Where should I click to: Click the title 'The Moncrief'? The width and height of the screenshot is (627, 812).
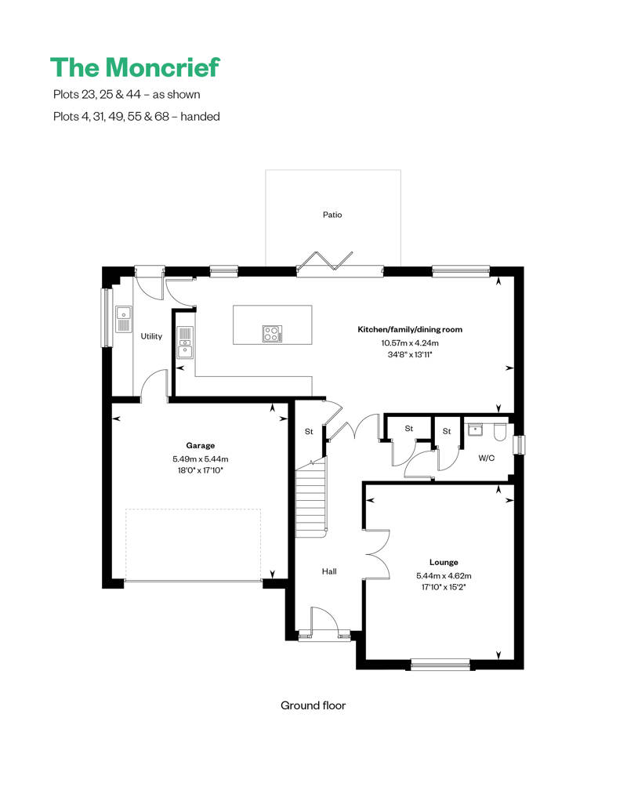tap(135, 67)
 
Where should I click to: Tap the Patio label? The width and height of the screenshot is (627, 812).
tap(332, 214)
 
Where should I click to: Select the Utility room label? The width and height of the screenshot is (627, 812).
tap(151, 336)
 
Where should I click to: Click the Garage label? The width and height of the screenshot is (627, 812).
tap(200, 445)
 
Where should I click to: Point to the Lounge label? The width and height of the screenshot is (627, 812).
tap(444, 562)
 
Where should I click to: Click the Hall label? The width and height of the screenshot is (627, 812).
tap(329, 571)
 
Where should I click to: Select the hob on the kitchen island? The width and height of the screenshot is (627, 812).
tap(272, 334)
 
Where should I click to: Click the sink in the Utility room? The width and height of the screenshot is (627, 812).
tap(124, 319)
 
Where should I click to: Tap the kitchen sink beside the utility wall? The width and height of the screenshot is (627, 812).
tap(184, 343)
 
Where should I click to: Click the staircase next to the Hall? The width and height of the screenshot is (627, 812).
tap(310, 498)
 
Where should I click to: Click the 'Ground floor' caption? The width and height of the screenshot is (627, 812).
tap(313, 705)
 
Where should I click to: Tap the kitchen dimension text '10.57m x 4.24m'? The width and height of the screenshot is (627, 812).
tap(410, 343)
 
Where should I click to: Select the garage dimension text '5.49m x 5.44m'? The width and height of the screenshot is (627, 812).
tap(200, 459)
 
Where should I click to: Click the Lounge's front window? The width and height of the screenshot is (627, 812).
tap(440, 665)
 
